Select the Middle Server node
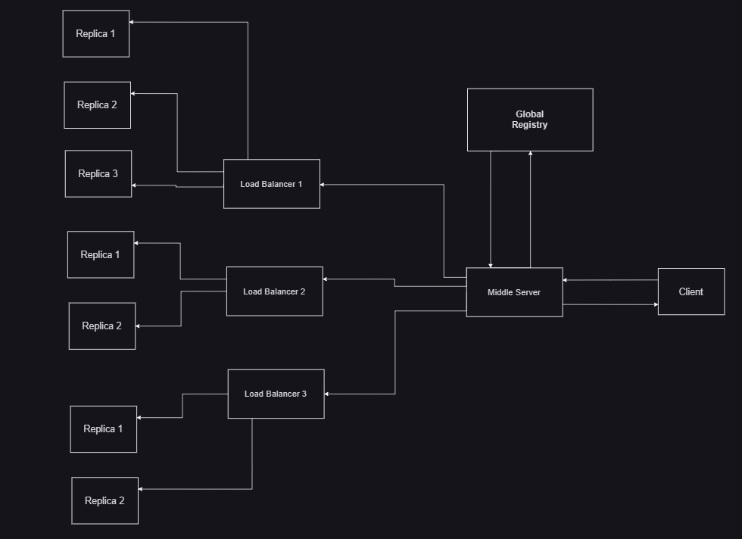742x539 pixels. tap(514, 292)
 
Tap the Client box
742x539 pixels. tap(691, 291)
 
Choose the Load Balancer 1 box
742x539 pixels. tap(271, 184)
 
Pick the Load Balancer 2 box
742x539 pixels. tap(274, 291)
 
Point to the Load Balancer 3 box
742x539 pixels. tap(276, 394)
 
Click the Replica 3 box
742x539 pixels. tap(98, 173)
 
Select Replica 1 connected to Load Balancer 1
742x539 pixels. tap(95, 33)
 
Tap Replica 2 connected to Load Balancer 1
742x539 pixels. tap(97, 104)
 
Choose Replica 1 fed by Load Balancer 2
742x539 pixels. tap(100, 254)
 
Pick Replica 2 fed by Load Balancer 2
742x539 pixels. tap(101, 326)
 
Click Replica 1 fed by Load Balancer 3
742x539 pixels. tap(103, 428)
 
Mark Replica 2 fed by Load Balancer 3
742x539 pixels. tap(104, 500)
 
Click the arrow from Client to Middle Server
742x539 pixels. tap(610, 280)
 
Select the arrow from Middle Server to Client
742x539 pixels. tap(610, 304)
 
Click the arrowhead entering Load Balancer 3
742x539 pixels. tap(328, 394)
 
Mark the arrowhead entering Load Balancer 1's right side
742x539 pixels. tap(323, 184)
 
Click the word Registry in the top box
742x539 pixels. tap(529, 125)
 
